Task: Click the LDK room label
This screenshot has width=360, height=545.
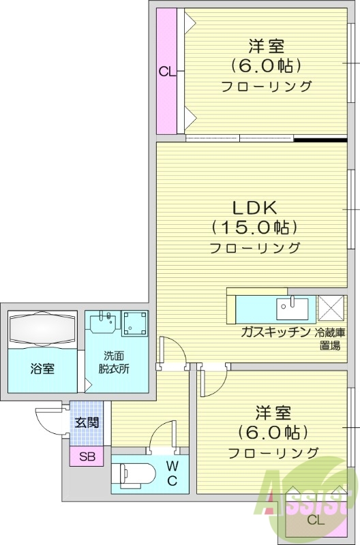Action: click(255, 206)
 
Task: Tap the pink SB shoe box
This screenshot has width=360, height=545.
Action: click(87, 456)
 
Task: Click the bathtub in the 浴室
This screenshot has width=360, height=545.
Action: click(43, 331)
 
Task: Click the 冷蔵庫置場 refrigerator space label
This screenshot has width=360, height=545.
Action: click(330, 339)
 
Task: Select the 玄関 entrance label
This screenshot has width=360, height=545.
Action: click(87, 422)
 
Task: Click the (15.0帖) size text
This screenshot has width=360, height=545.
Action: click(255, 227)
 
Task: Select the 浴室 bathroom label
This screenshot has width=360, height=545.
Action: click(42, 369)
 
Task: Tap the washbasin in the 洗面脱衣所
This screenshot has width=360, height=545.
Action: click(103, 320)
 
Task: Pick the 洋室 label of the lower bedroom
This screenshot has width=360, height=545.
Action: click(273, 412)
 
